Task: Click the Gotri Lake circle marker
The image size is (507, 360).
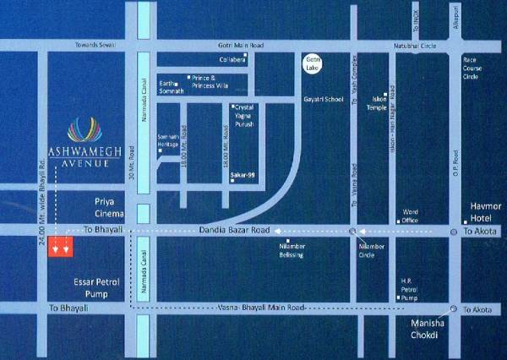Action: [313, 63]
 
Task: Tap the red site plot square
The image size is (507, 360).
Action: [60, 247]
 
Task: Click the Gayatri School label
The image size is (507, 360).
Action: [322, 100]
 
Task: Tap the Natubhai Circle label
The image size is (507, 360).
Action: [414, 44]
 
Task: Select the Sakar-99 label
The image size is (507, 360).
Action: [243, 176]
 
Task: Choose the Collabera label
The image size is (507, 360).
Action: [232, 60]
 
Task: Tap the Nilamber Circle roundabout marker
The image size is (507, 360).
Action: [352, 230]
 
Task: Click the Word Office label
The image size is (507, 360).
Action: [411, 215]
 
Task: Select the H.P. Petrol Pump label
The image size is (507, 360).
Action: [410, 291]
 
